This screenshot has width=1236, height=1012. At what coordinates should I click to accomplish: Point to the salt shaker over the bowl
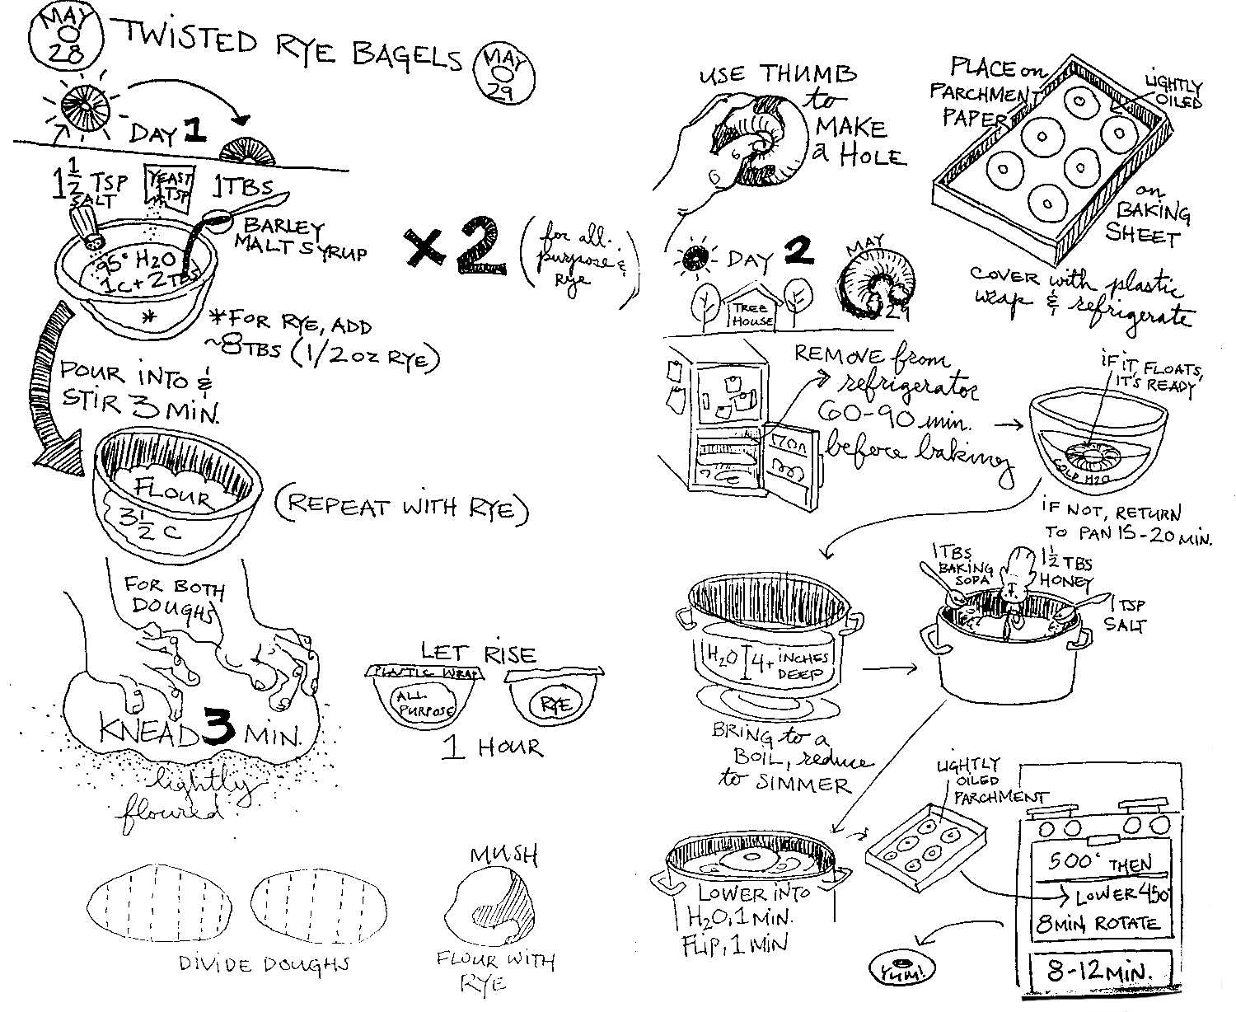(87, 224)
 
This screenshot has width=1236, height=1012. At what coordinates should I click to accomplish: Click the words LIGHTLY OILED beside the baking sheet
(1173, 94)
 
